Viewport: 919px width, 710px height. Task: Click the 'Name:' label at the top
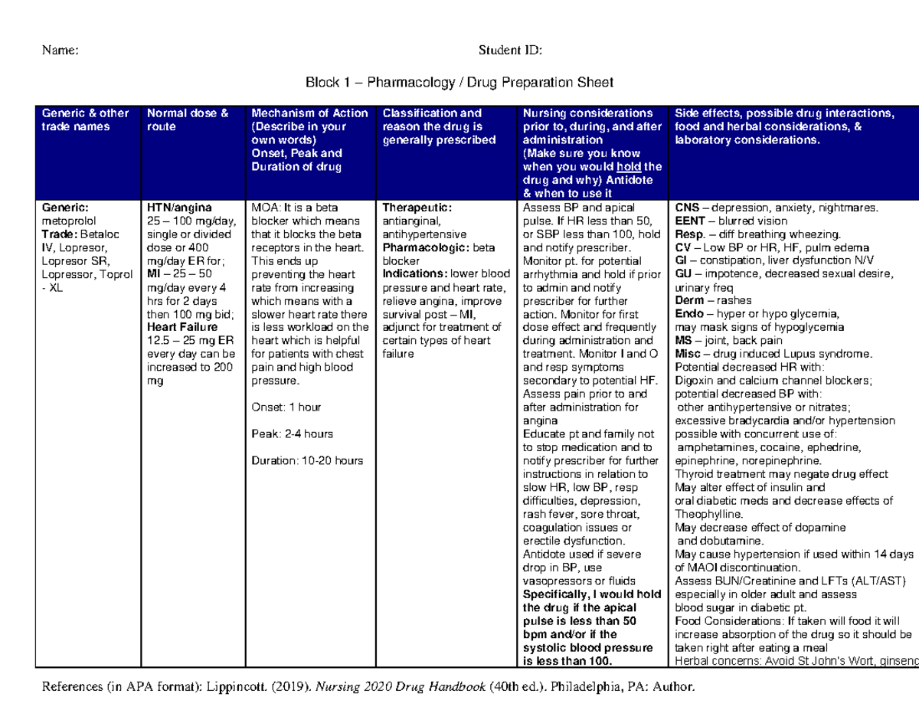pos(60,51)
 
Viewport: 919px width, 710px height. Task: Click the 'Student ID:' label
pos(510,51)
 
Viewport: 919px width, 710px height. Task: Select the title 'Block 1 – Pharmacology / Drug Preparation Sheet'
pos(459,82)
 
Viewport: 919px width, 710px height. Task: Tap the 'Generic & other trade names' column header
pos(85,120)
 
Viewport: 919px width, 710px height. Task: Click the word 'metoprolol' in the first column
pos(69,221)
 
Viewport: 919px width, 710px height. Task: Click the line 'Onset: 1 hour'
pos(286,407)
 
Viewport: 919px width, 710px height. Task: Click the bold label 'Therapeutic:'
pos(417,208)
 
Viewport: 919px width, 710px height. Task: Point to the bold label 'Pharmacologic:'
pos(427,247)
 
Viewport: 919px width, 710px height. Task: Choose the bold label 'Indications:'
pos(415,273)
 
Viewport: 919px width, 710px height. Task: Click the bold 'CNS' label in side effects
pos(686,208)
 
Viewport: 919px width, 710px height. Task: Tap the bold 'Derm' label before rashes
pos(689,300)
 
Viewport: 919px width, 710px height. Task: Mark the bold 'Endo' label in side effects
pos(689,314)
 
